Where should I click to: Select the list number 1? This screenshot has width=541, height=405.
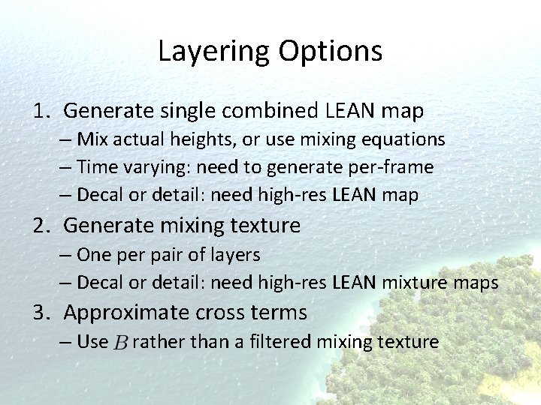[41, 112]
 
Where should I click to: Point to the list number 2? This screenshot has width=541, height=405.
[41, 225]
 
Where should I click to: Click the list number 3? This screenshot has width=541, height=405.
[41, 312]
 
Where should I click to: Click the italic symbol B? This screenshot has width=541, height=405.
[120, 343]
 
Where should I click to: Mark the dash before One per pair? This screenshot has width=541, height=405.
[65, 255]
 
